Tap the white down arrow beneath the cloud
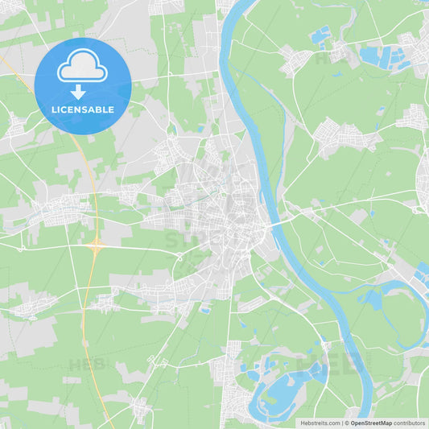coord(78,92)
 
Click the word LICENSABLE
coord(82,109)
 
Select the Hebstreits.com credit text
coord(320,423)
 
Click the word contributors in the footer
coord(410,423)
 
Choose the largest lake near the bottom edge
coord(282,394)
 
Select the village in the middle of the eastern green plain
coord(342,135)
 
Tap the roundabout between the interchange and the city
coord(179,258)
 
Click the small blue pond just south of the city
coord(206,310)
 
